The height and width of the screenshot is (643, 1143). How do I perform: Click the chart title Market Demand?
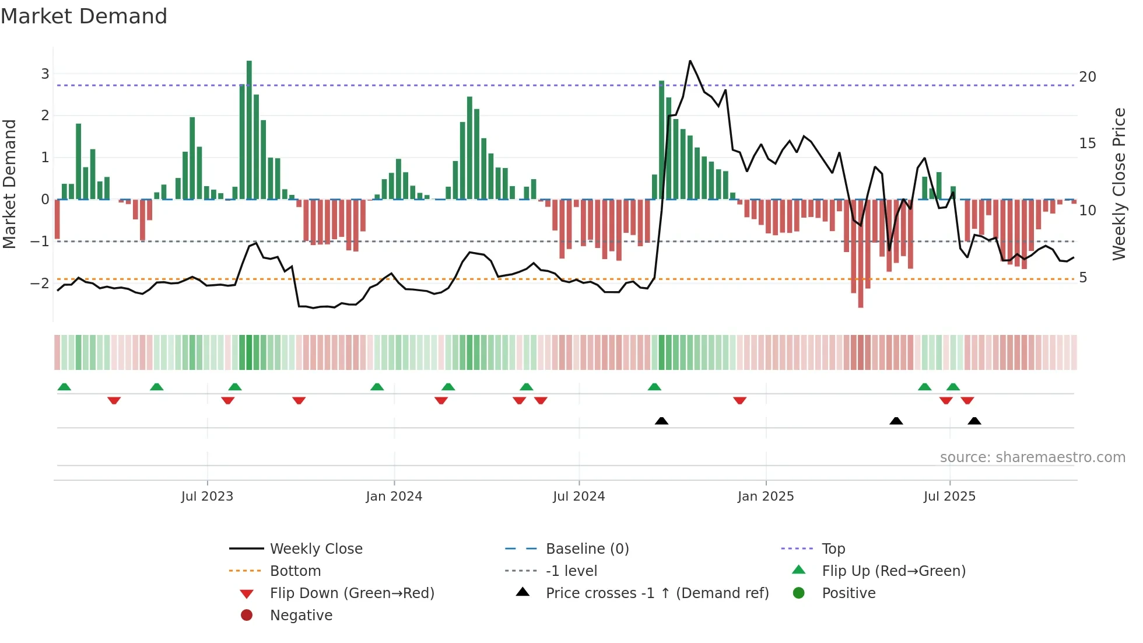point(84,16)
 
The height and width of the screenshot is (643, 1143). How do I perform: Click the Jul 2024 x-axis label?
point(578,497)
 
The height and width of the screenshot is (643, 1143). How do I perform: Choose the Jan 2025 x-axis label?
point(765,497)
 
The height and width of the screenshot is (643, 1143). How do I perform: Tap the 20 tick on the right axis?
point(1087,77)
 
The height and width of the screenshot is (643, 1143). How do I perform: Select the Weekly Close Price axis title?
point(1119,184)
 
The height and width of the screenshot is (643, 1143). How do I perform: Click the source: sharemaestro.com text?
point(1032,457)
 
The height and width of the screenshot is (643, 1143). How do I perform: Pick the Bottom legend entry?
point(295,571)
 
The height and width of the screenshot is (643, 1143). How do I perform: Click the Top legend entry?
point(833,549)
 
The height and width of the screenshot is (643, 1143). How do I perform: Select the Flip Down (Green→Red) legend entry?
point(352,593)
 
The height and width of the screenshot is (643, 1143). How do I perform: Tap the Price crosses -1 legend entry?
point(657,593)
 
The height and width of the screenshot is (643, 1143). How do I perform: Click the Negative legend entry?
point(301,616)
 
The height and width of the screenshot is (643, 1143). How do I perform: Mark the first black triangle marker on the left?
point(661,421)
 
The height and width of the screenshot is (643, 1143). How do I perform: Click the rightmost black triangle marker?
point(974,421)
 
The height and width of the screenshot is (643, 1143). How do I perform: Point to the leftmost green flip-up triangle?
point(64,387)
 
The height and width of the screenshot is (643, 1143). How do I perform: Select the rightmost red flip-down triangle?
point(967,400)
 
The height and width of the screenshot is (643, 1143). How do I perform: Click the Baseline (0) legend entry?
point(587,549)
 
